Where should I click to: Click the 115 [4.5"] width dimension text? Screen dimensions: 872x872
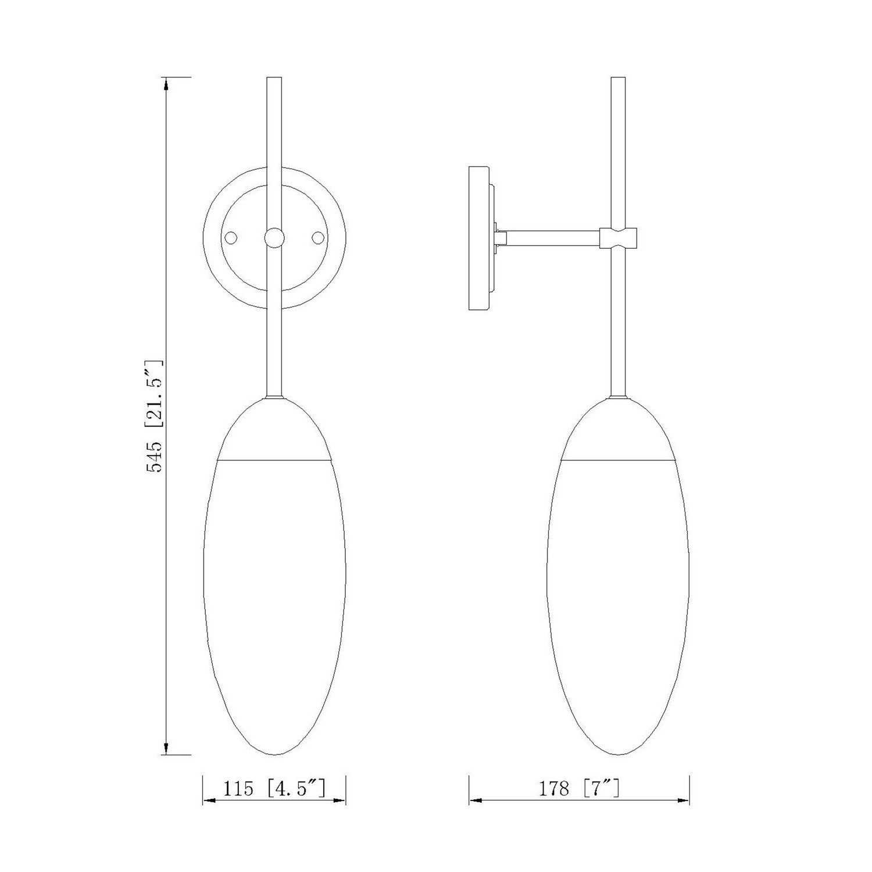point(274,789)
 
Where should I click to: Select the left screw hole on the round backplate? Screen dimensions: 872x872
point(231,238)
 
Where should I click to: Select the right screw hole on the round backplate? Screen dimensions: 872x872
point(317,238)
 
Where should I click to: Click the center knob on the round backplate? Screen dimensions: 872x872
point(274,238)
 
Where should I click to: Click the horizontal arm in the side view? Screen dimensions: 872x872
point(552,237)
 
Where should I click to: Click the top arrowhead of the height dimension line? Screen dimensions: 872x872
point(167,84)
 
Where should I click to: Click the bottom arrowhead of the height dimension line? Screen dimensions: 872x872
point(167,748)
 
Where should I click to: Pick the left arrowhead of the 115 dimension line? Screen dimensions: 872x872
point(209,801)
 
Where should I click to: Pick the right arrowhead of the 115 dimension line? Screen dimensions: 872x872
point(339,801)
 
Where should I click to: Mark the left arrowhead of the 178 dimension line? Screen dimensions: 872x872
point(476,801)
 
